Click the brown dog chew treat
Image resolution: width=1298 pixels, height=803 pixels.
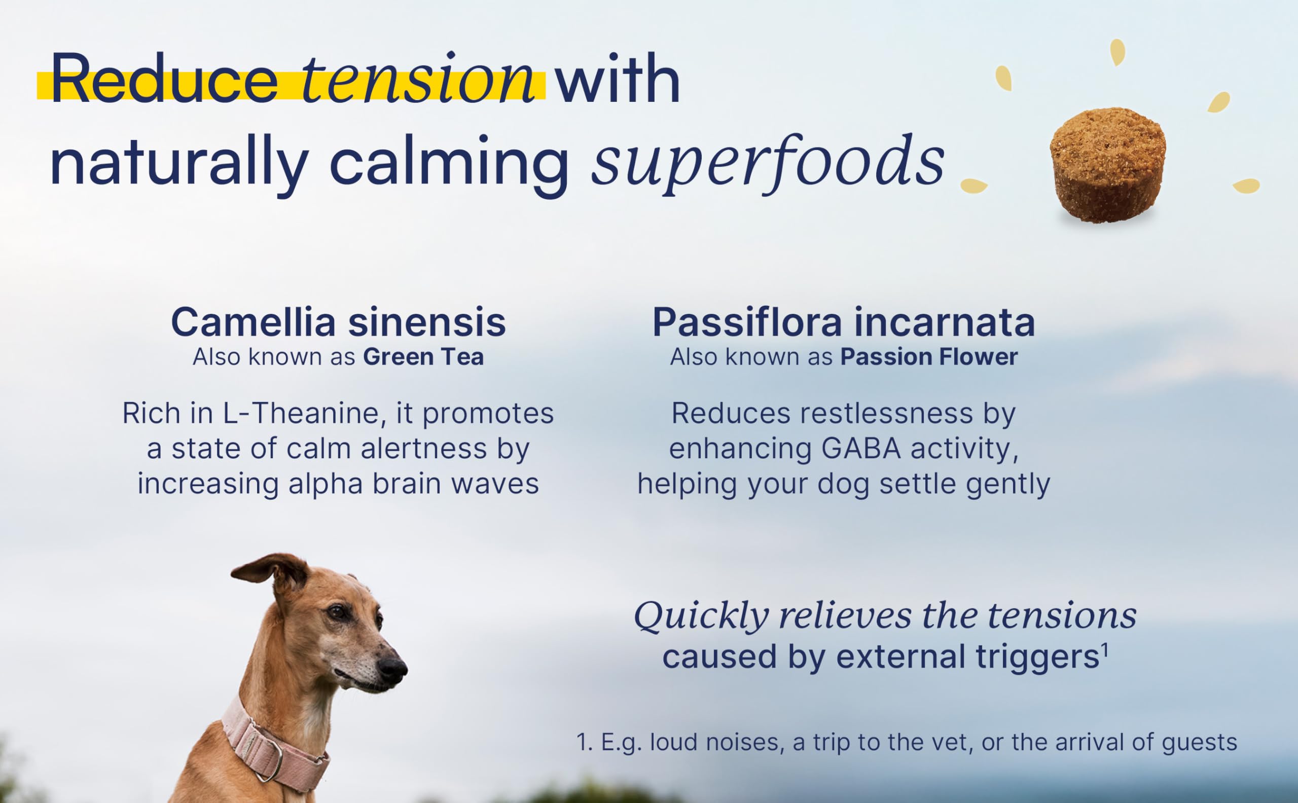1108,165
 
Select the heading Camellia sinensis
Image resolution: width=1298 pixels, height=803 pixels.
338,322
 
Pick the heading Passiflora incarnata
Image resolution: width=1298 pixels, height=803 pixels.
843,322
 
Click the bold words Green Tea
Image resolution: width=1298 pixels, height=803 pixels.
423,357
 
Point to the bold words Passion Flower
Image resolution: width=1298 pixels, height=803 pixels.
929,357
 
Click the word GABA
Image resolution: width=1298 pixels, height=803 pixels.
861,449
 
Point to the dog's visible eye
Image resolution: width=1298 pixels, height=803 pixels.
336,612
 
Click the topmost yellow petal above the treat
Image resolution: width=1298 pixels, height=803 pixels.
1117,52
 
